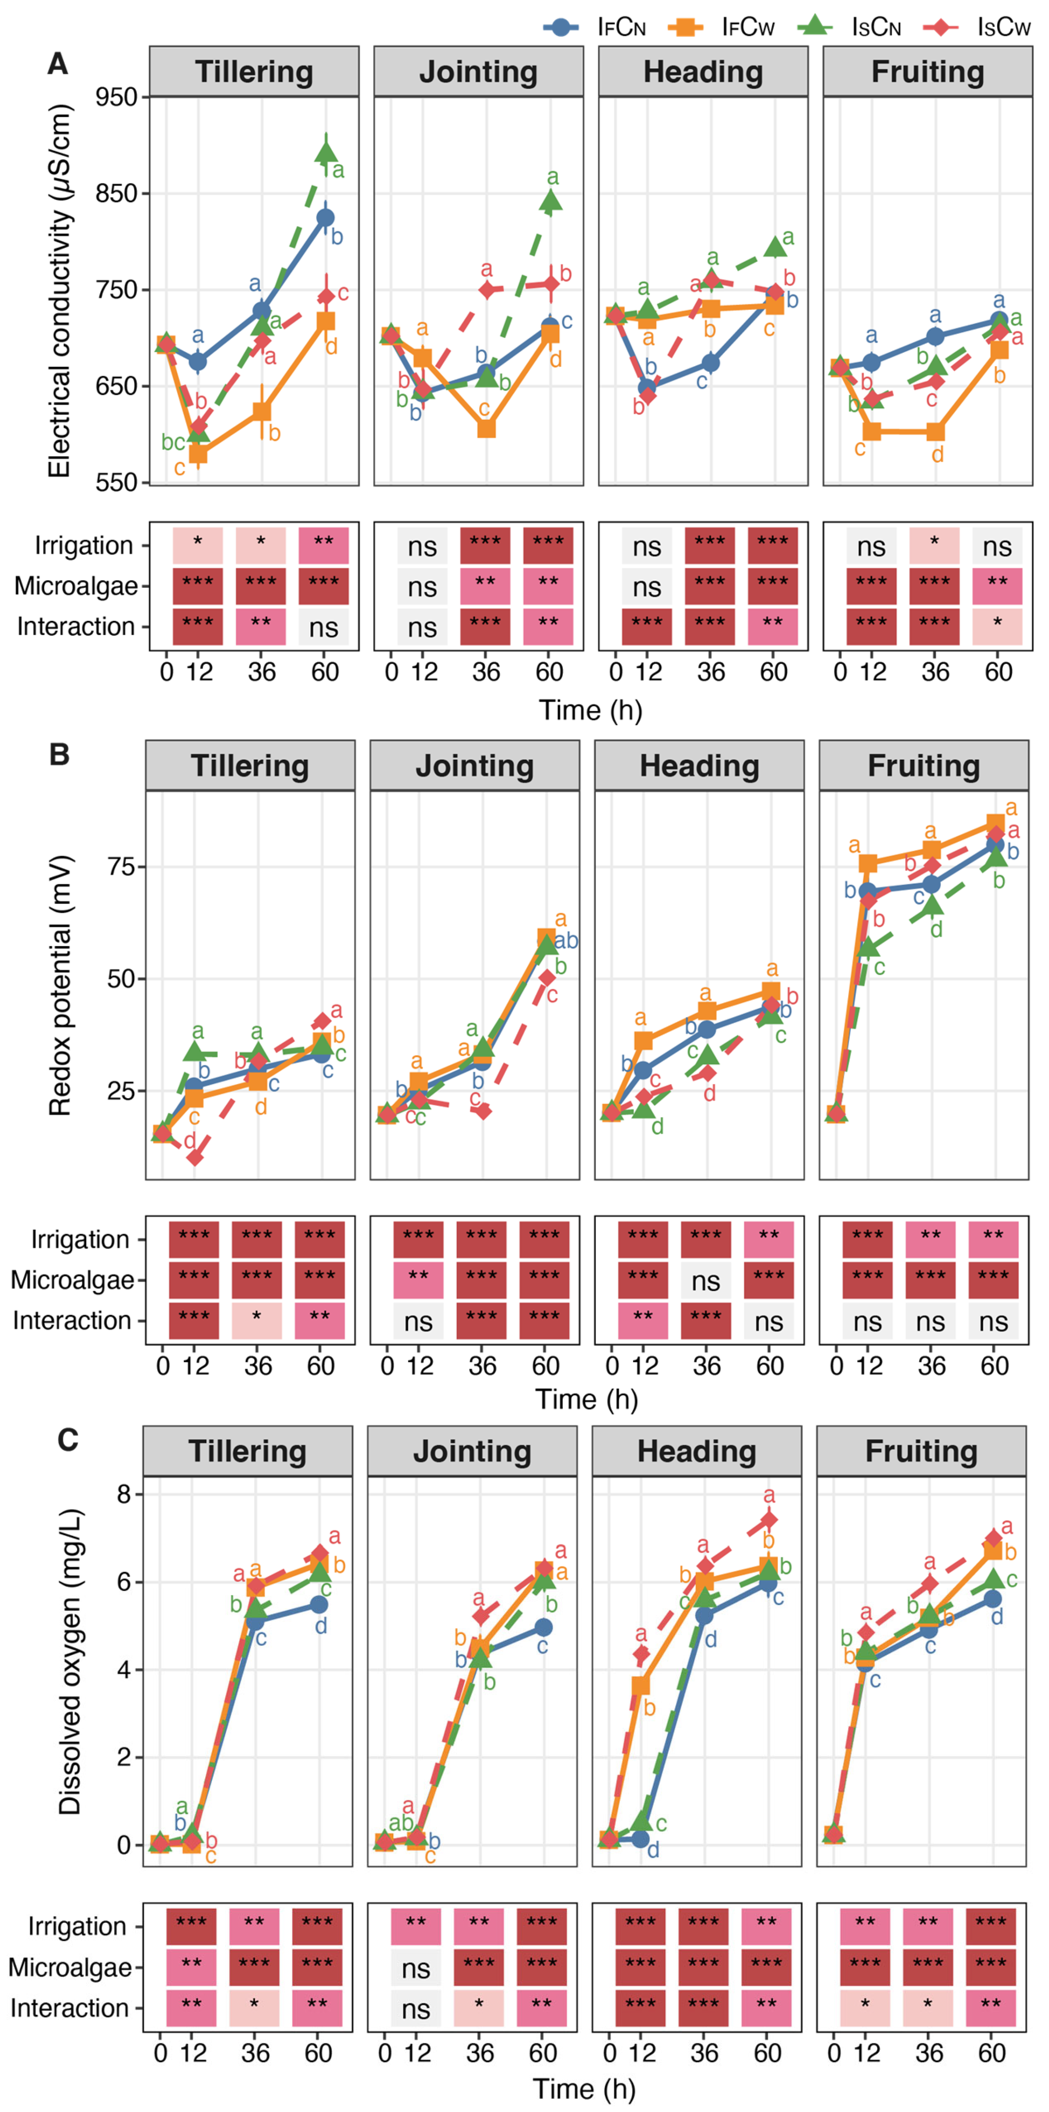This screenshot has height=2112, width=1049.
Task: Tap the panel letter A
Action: [57, 63]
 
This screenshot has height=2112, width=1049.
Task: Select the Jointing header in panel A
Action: [479, 72]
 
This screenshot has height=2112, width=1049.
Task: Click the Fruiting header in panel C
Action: [921, 1452]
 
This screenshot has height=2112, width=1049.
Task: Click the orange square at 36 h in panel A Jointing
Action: [486, 428]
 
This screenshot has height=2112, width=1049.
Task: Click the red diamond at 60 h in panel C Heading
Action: [769, 1519]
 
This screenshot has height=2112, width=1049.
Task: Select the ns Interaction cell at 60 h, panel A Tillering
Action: [324, 627]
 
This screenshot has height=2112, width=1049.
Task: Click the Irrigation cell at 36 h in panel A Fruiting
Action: [934, 546]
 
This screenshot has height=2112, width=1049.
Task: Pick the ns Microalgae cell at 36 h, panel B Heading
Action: [706, 1281]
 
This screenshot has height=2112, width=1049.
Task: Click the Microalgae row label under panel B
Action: [72, 1281]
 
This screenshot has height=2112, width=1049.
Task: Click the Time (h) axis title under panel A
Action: [590, 710]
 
